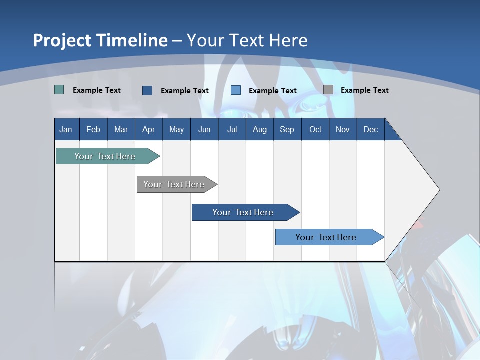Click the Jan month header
pos(66,129)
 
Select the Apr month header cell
pos(149,129)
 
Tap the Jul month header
pos(232,129)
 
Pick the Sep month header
pos(287,129)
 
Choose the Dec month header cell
pos(370,129)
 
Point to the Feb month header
pos(93,129)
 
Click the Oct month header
pos(315,129)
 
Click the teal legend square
pos(59,90)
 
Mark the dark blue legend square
pos(147,90)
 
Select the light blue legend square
pos(236,90)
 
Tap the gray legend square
pos(328,90)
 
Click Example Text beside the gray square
pos(364,90)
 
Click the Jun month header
pos(204,129)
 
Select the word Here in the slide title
pos(288,40)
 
